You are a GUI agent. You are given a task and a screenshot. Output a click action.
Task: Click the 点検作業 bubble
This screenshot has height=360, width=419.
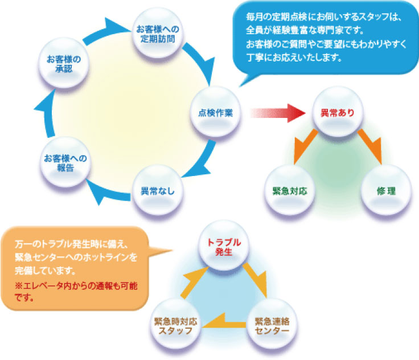(x=215, y=112)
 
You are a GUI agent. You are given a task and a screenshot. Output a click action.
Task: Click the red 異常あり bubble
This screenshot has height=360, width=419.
(x=338, y=112)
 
